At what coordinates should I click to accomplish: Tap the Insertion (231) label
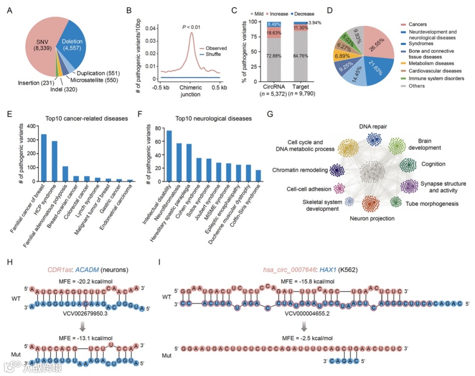(37, 82)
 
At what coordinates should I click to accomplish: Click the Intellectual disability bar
(169, 156)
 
